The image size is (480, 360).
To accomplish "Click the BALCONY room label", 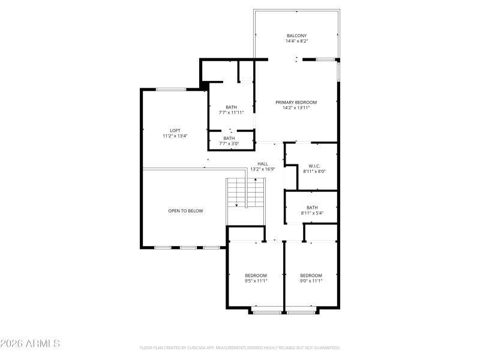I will [x=296, y=36].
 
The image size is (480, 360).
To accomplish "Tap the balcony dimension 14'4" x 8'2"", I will [x=296, y=41].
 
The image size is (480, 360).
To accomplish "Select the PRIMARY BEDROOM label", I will [x=296, y=102].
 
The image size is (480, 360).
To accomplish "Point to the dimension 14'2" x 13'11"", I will [x=296, y=108].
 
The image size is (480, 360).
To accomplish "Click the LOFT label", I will [x=175, y=130].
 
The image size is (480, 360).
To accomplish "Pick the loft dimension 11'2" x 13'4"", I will [x=175, y=136].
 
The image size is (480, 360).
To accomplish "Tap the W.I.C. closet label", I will [x=315, y=166].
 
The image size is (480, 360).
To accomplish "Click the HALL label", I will [x=263, y=163].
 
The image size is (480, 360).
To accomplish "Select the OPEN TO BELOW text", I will [x=185, y=211].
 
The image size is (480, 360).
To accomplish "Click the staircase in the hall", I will [x=245, y=193].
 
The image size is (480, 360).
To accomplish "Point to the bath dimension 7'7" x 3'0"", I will [x=230, y=144].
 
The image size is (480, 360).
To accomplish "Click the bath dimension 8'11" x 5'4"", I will [x=312, y=213].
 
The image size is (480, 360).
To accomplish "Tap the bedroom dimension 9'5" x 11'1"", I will [x=256, y=281].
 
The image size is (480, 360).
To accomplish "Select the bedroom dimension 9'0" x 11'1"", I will [x=311, y=281].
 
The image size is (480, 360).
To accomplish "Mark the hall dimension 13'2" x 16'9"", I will [x=263, y=169].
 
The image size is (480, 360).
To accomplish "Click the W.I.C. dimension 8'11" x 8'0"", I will [x=315, y=172].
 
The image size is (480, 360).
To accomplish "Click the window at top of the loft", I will [x=170, y=89].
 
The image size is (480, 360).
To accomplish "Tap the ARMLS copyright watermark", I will [x=30, y=344].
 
